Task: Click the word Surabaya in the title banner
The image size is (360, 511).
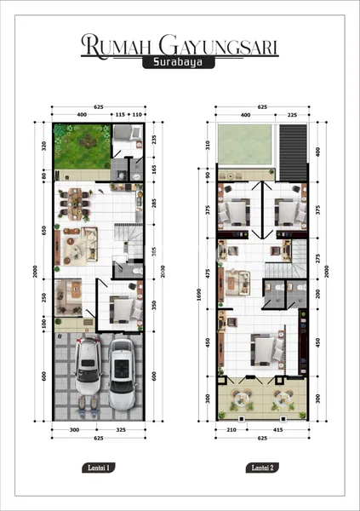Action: point(180,62)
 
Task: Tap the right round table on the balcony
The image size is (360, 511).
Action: point(283,401)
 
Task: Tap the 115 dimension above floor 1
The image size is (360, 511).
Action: point(119,113)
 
